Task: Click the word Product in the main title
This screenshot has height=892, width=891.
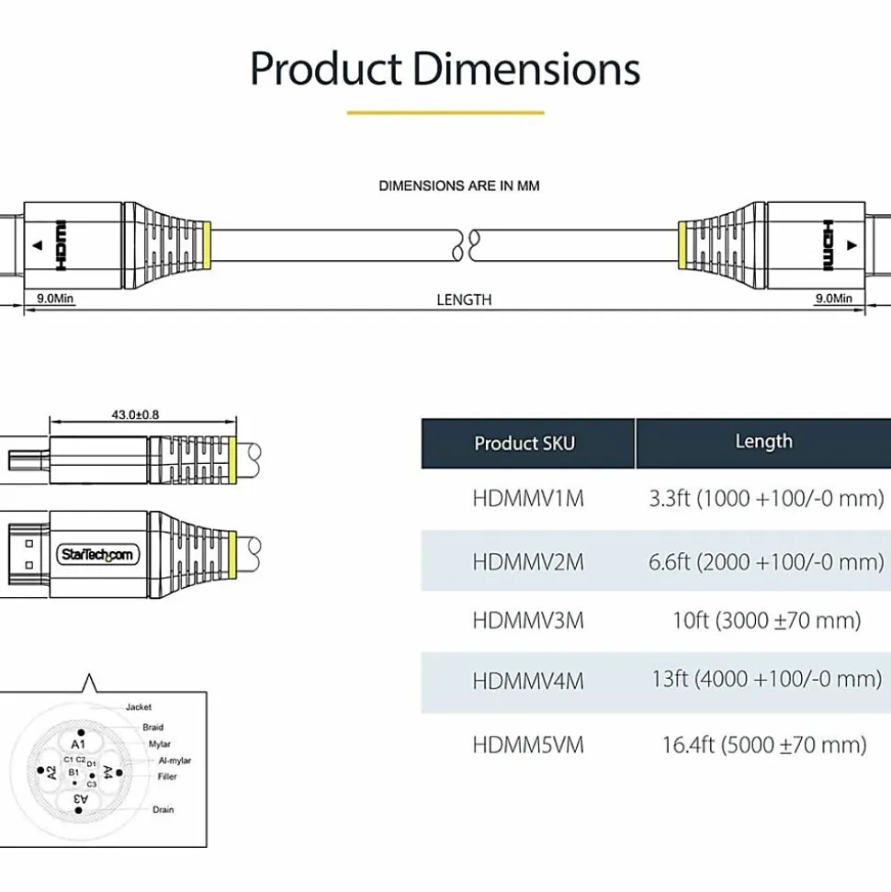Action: pos(326,70)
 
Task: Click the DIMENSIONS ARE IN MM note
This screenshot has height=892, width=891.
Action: pos(459,186)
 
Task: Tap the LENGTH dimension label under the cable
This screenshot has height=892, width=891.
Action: pos(464,299)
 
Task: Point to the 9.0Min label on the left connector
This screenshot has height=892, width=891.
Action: pos(55,298)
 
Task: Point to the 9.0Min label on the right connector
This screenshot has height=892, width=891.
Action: pos(833,298)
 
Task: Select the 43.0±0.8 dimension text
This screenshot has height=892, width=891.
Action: pos(135,414)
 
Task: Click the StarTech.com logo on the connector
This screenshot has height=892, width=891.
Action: pos(97,555)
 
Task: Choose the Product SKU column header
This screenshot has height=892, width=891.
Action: pos(524,444)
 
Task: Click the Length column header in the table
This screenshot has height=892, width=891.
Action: pos(763,442)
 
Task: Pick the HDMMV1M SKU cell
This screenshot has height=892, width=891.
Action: pos(528,499)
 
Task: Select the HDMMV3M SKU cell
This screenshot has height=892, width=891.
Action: pos(528,621)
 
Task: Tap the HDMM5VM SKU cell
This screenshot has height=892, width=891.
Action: pos(528,745)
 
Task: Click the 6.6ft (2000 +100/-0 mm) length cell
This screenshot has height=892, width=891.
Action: pos(766,562)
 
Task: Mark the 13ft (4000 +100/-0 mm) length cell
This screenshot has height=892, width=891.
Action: pos(767,679)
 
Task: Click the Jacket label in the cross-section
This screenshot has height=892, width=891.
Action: pos(139,707)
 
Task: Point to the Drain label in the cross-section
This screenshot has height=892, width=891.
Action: pos(164,809)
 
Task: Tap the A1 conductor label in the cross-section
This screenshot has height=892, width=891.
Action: pos(78,744)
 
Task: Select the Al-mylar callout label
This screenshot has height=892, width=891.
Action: pos(175,761)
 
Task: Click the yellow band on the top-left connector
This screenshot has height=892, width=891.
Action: pos(207,245)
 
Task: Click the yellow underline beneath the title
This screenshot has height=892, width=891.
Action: pos(445,113)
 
